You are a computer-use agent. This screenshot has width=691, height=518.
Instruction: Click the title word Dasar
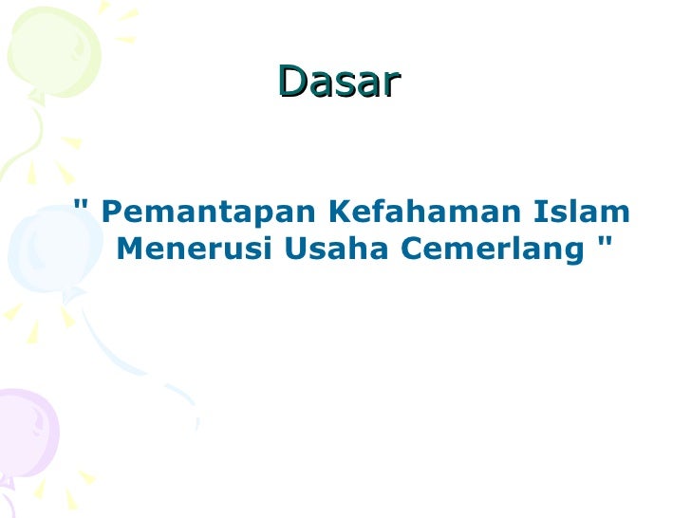tap(340, 83)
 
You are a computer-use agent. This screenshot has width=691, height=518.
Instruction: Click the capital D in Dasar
tap(292, 83)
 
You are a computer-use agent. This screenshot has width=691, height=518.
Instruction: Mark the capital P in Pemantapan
tap(110, 210)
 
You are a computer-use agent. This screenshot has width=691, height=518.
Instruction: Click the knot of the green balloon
tap(35, 95)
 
